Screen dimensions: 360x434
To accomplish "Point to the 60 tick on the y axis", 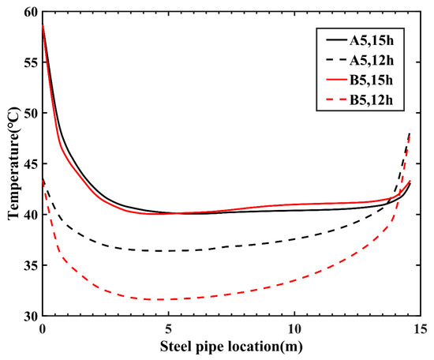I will pyautogui.click(x=29, y=12).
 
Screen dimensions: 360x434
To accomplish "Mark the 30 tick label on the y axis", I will pyautogui.click(x=29, y=316).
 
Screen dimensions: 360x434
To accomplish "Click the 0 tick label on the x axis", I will pyautogui.click(x=43, y=328).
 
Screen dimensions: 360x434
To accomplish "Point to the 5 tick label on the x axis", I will pyautogui.click(x=168, y=328).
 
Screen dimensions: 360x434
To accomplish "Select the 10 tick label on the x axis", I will pyautogui.click(x=294, y=328).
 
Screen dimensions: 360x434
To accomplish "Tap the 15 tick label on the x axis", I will pyautogui.click(x=420, y=328).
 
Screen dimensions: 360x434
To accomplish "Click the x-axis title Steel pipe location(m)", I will pyautogui.click(x=231, y=346).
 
